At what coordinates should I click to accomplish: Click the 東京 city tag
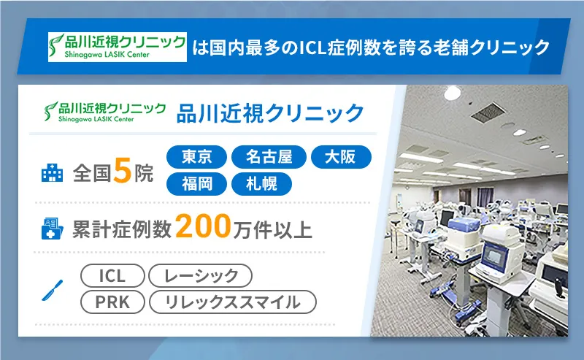(197, 158)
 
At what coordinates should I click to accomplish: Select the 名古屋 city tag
(268, 158)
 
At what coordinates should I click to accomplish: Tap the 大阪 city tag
(341, 158)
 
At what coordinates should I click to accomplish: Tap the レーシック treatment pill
(200, 275)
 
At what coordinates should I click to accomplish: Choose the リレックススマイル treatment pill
(232, 301)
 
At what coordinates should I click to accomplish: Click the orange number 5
(123, 172)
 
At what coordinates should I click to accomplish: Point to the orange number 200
(204, 229)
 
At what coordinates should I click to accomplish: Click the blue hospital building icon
(52, 174)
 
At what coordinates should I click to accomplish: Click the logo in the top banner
(117, 47)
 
